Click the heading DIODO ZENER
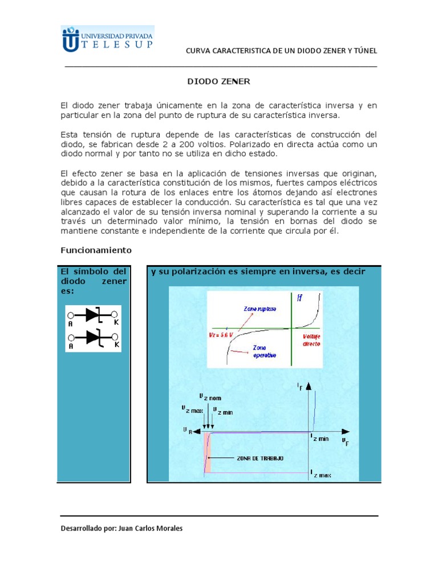point(219,82)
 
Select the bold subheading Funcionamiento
point(96,250)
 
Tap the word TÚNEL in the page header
point(365,51)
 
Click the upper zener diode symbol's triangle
point(92,314)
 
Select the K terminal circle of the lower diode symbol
point(115,337)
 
